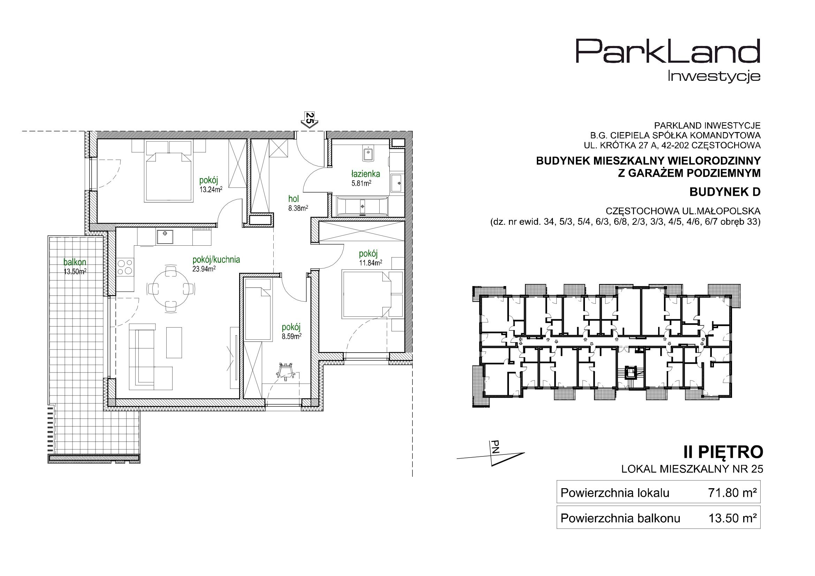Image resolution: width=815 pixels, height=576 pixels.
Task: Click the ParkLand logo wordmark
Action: tap(668, 56)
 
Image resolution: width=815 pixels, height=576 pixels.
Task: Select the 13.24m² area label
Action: tap(211, 190)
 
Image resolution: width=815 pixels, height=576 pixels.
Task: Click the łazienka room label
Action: tap(366, 174)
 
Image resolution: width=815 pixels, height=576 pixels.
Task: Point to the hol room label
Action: tap(294, 199)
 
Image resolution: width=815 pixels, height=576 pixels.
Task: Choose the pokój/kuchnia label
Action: tap(216, 260)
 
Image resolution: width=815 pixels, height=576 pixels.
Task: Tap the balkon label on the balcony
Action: tap(75, 262)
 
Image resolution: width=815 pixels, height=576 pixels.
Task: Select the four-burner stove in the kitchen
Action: tap(124, 267)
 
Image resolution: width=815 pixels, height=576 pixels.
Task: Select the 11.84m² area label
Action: tap(370, 263)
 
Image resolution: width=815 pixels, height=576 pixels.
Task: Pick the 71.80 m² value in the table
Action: tap(732, 493)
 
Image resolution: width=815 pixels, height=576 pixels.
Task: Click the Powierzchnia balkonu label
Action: tap(620, 519)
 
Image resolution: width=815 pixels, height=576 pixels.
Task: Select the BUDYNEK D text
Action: tap(725, 192)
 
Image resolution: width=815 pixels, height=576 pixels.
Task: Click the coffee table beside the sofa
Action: tap(174, 343)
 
